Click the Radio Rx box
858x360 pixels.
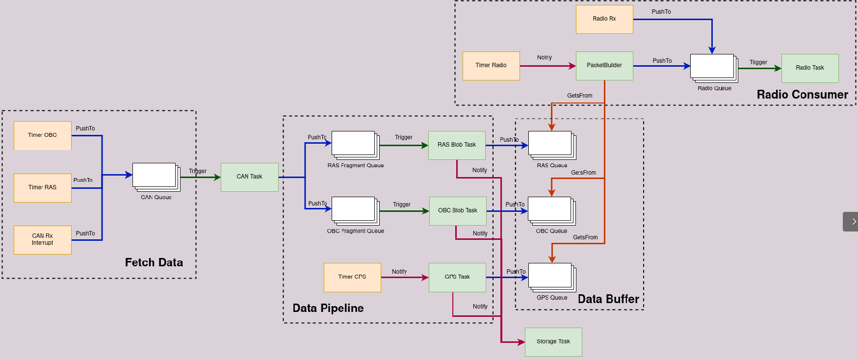click(x=604, y=19)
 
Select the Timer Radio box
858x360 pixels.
click(x=491, y=66)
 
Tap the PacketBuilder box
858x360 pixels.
click(x=604, y=66)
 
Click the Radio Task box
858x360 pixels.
click(x=810, y=68)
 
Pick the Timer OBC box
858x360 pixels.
click(x=43, y=135)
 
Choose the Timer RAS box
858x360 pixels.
click(x=43, y=188)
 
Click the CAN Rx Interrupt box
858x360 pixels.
click(x=43, y=240)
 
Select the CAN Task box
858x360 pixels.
click(x=250, y=177)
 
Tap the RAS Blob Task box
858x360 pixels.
click(x=457, y=145)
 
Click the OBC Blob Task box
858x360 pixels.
click(x=458, y=211)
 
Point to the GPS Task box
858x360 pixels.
click(x=457, y=278)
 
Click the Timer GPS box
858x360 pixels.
click(x=352, y=278)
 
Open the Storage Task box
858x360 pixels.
click(x=553, y=342)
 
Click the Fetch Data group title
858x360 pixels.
click(x=154, y=262)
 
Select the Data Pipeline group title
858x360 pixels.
click(x=328, y=308)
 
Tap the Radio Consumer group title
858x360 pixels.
click(x=802, y=95)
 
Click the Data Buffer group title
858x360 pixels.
click(x=608, y=299)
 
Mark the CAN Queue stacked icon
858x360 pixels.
click(x=156, y=177)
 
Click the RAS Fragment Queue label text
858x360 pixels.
click(x=356, y=166)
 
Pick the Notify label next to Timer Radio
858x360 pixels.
click(x=544, y=57)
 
